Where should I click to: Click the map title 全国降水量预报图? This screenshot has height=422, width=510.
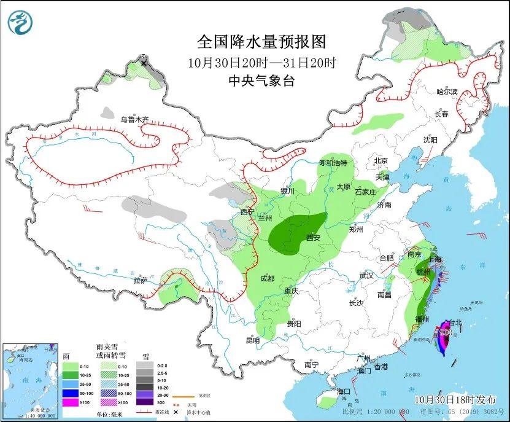pos(261,41)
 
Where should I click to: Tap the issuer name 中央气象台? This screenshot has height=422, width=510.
pos(261,80)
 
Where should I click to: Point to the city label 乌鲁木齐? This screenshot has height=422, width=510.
pos(134,120)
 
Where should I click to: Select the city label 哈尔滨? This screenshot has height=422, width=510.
pos(447,92)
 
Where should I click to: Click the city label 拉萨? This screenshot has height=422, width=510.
pos(140,281)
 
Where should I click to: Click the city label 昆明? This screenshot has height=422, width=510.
pos(252,340)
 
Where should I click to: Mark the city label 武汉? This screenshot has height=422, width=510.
pos(366,276)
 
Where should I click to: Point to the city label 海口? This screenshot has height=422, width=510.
pos(342,391)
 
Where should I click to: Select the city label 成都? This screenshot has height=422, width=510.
pos(267,278)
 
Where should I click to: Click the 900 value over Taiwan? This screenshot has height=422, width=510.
pos(446,333)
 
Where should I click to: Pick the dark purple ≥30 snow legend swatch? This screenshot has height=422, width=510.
pos(145,402)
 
